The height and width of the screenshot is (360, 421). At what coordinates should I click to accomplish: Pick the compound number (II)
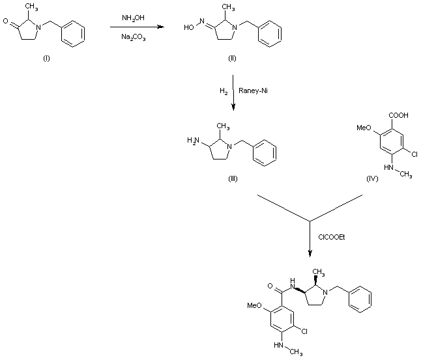click(x=232, y=59)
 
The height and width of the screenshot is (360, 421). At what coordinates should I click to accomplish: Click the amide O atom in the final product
click(x=268, y=284)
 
